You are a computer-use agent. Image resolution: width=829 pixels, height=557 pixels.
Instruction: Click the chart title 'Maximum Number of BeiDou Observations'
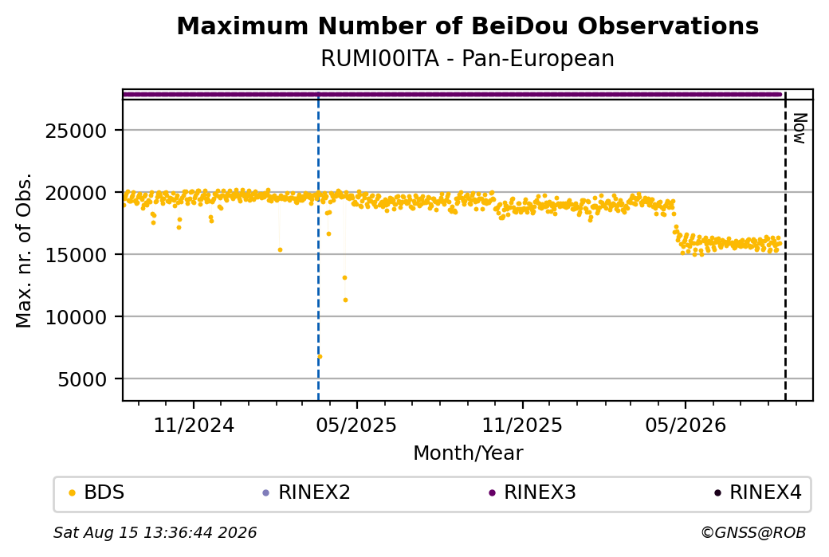[x=467, y=25]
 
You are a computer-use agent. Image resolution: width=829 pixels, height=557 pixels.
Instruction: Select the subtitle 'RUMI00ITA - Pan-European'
[x=467, y=58]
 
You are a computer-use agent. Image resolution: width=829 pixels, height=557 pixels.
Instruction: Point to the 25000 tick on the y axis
[x=77, y=131]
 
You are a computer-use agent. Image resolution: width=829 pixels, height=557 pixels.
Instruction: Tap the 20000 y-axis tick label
[x=77, y=193]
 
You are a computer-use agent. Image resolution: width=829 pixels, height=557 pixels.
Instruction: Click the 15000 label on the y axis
[x=77, y=255]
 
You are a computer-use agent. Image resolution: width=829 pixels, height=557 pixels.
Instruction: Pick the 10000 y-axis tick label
[x=77, y=317]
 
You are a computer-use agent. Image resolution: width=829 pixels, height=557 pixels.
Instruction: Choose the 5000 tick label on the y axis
[x=82, y=379]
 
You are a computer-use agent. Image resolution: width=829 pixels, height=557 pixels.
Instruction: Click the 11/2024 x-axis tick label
[x=194, y=425]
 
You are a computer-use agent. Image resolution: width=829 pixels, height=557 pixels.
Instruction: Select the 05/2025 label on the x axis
[x=356, y=425]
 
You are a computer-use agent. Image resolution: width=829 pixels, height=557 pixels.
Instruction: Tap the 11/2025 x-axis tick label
[x=522, y=425]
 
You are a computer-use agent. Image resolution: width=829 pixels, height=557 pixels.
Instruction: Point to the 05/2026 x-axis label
[x=686, y=425]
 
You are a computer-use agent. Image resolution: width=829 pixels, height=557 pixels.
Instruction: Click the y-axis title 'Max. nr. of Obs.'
[x=24, y=250]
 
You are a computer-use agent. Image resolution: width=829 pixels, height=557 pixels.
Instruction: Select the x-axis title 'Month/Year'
[x=468, y=453]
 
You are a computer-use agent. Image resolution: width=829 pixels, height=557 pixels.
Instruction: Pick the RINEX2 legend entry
[x=307, y=492]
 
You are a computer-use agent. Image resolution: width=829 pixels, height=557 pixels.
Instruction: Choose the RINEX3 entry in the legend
[x=532, y=492]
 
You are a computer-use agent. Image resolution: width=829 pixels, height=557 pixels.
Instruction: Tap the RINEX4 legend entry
[x=758, y=492]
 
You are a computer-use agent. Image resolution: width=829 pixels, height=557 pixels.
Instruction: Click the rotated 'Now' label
[x=800, y=128]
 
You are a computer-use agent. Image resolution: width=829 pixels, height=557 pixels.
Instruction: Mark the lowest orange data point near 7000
[x=320, y=357]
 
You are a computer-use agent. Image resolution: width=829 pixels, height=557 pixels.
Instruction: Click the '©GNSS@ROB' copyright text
[x=753, y=532]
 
